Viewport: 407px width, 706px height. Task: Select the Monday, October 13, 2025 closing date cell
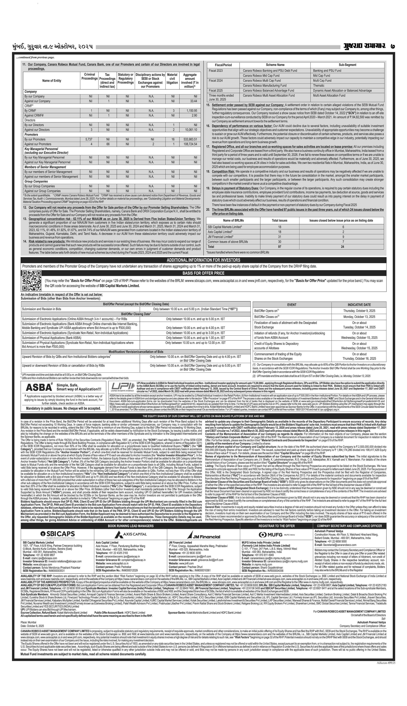point(359,317)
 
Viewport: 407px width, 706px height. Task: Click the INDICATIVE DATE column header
point(359,305)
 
